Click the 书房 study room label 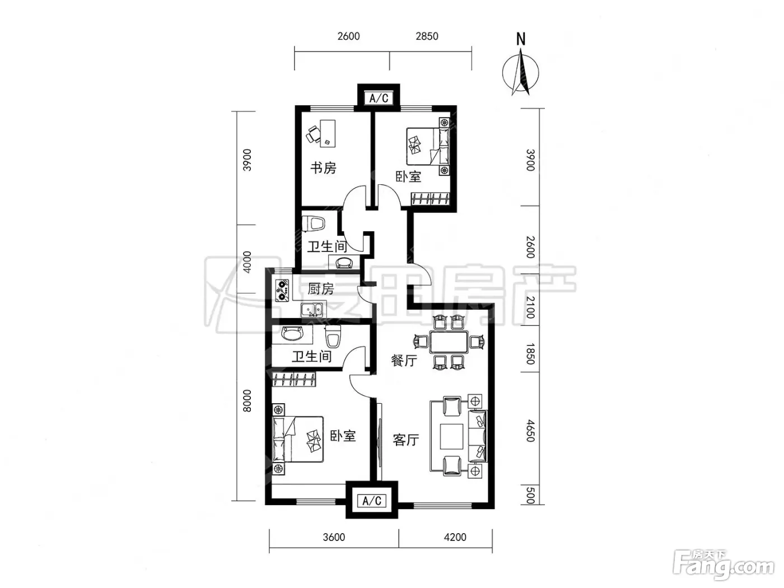323,168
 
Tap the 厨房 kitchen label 321,289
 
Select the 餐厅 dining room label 404,361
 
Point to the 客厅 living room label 406,440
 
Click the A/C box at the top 379,98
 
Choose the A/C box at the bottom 372,501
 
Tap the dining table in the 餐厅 449,342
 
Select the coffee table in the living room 451,436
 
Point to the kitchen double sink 311,310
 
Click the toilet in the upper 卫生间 314,224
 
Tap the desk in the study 328,133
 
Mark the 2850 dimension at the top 427,36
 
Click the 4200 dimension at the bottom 455,537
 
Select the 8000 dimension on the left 247,401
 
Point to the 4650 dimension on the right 530,431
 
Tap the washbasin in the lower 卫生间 292,334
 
